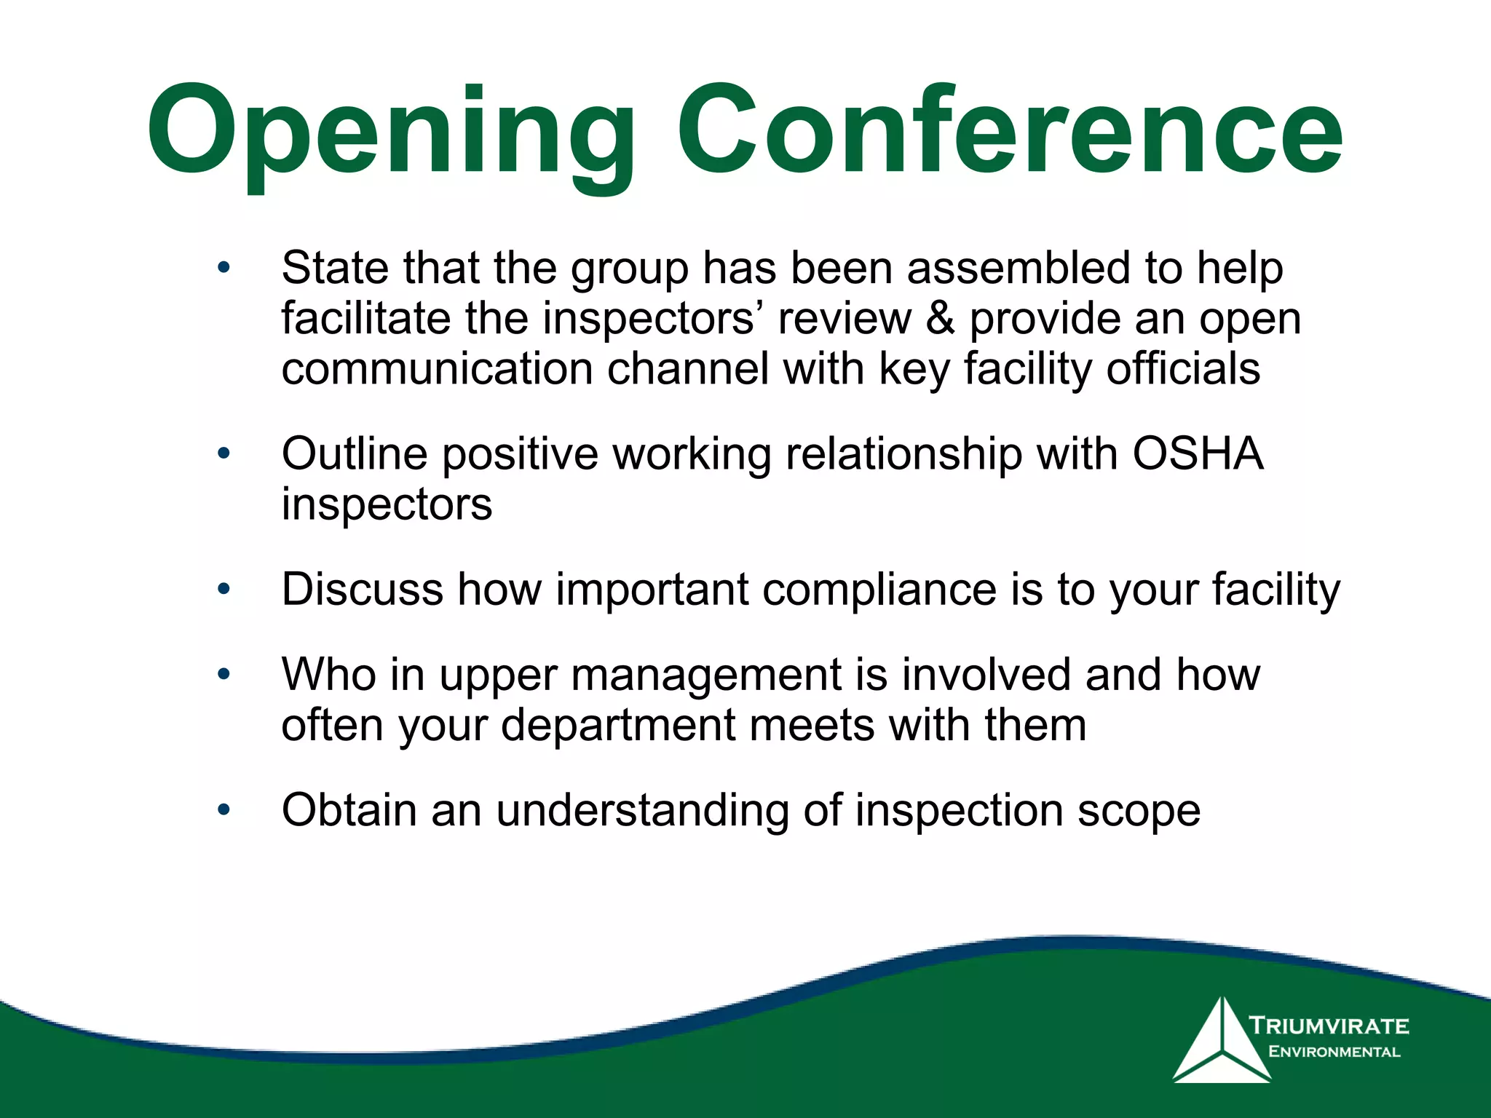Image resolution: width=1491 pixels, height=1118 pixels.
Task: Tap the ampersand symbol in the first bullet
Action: (940, 320)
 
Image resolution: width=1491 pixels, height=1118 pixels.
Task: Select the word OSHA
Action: (1197, 454)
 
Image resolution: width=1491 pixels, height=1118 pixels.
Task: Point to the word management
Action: (706, 675)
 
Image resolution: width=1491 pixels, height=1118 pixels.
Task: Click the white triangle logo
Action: (1222, 1042)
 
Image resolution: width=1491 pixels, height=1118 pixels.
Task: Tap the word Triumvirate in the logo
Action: (1329, 1026)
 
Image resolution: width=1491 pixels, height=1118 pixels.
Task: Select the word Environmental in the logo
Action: (1334, 1052)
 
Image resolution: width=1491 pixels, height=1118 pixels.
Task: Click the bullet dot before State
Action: (224, 267)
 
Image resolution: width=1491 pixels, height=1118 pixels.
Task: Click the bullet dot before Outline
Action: (224, 453)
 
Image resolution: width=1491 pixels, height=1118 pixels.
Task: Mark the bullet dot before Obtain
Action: (224, 809)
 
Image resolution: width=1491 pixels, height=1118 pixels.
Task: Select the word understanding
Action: (642, 810)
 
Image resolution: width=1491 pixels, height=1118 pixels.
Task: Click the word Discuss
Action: (362, 590)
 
